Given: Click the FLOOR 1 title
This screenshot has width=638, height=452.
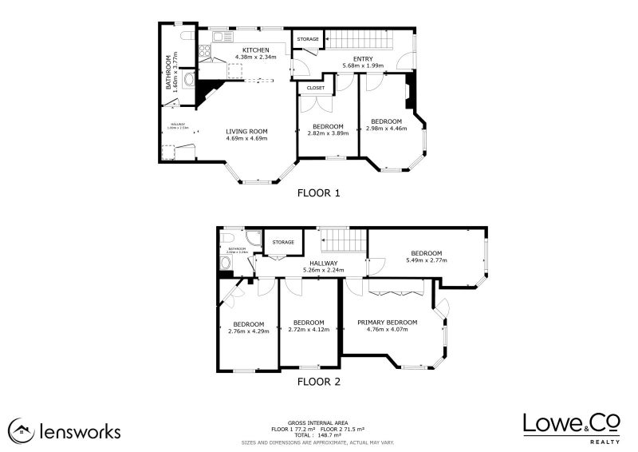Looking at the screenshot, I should coord(318,192).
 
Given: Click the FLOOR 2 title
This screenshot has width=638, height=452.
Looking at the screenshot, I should coord(318,382).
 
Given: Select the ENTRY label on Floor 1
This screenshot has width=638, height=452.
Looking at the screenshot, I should coord(364,58).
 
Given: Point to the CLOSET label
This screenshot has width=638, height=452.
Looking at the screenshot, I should coord(316,88).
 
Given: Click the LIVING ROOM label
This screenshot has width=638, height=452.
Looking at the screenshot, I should coord(246,131).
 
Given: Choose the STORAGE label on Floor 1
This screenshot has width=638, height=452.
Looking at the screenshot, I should coord(308,39).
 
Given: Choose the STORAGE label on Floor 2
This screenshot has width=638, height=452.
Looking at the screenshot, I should coord(283,242).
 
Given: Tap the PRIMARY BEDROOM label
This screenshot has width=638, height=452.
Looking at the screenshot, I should coord(387,323).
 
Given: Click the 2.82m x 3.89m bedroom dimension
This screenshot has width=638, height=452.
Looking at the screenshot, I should coord(328,133).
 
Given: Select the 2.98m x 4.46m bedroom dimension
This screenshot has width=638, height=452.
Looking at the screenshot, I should coord(387,128).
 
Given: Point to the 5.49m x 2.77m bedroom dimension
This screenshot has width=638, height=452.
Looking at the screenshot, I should coord(427,260).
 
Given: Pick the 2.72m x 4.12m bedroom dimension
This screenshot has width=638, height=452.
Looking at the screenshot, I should coord(308,329).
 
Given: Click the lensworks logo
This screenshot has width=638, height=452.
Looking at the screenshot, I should coord(65,431).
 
